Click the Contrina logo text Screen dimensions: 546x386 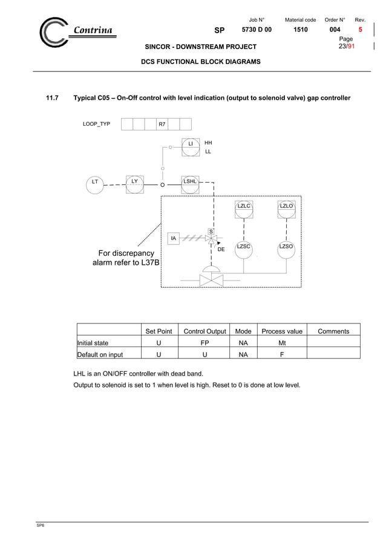[x=93, y=31]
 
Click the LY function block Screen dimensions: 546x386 [x=134, y=181]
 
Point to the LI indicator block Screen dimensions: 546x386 [x=190, y=145]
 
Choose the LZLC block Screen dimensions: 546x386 [x=243, y=207]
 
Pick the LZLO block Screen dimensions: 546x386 [x=286, y=207]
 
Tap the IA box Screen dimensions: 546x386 [x=174, y=239]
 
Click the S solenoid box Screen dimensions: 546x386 [x=211, y=231]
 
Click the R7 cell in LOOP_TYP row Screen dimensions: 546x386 [x=162, y=124]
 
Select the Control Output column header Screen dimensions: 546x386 [x=204, y=331]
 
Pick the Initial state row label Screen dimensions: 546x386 [x=93, y=343]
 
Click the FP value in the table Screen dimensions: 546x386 [x=204, y=343]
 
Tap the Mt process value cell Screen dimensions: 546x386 [x=281, y=343]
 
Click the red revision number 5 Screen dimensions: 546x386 [x=361, y=30]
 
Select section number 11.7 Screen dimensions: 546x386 [x=53, y=98]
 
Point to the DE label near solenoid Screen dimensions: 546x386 [x=221, y=249]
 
